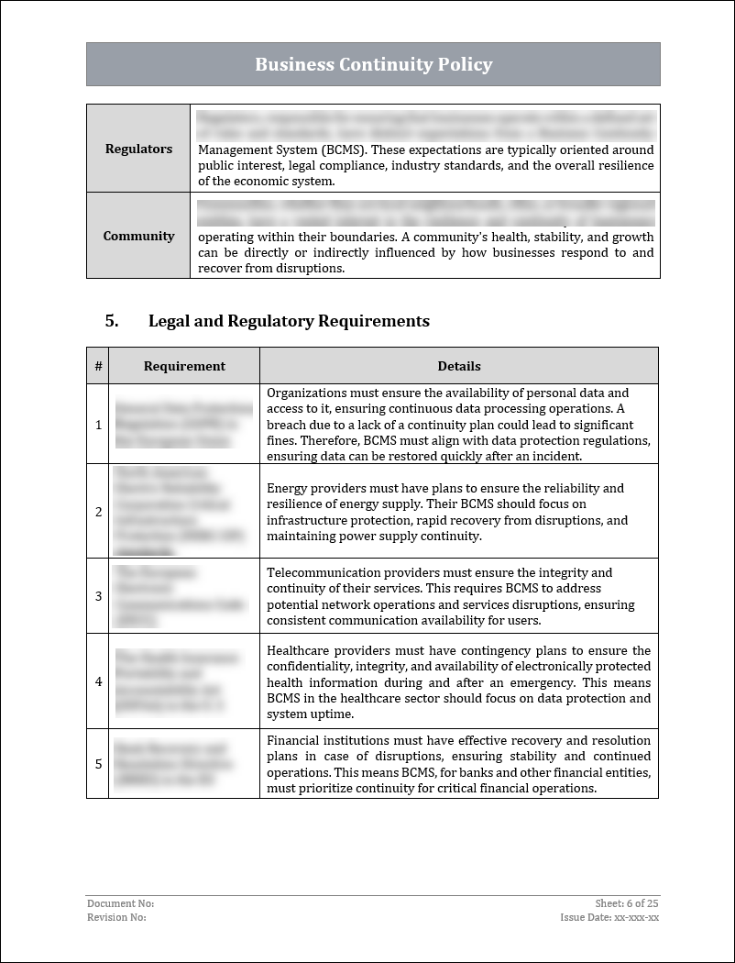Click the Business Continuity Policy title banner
(x=373, y=64)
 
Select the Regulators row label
(x=138, y=149)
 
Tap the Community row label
(x=138, y=236)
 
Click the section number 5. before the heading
(x=112, y=321)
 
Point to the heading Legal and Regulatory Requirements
(x=289, y=321)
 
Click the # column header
(x=98, y=366)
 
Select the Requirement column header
(x=184, y=366)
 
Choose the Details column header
(x=459, y=366)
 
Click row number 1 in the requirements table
(x=98, y=424)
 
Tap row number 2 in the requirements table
(x=98, y=511)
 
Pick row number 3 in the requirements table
(x=98, y=596)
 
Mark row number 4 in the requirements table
(x=98, y=681)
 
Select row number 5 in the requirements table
(x=98, y=763)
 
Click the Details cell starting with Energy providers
(x=458, y=512)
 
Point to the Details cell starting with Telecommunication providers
(x=458, y=596)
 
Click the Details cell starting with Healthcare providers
(x=458, y=681)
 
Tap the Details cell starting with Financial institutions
(x=458, y=764)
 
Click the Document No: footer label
(x=115, y=903)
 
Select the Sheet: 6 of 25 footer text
(x=627, y=903)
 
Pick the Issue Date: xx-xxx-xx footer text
(x=609, y=917)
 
